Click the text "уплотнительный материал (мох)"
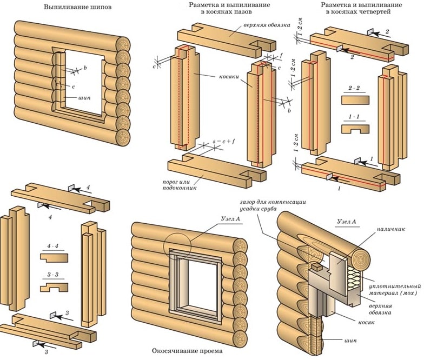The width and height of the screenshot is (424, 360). (x=394, y=289)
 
